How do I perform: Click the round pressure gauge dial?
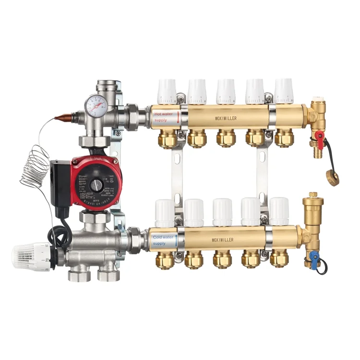97,102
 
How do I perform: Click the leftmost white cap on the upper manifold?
167,91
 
